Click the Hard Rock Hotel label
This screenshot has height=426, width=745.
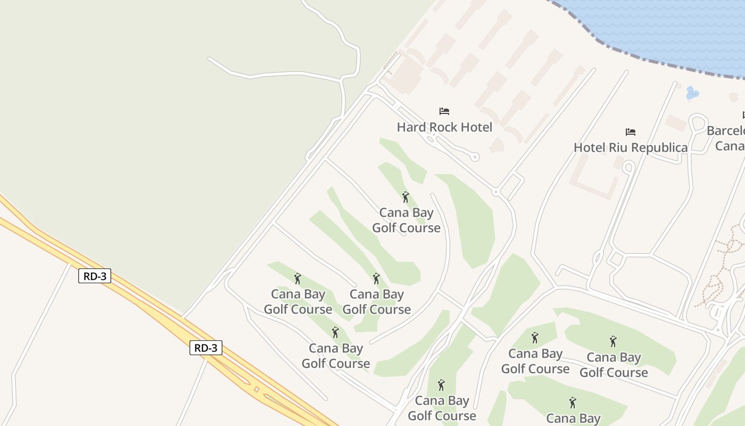click(444, 127)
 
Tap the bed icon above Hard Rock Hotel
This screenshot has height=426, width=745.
click(444, 111)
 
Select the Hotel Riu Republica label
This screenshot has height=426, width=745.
click(631, 148)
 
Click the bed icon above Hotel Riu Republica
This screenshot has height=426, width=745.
click(631, 132)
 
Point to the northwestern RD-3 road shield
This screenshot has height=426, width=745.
click(95, 276)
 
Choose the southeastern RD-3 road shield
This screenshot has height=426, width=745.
click(205, 348)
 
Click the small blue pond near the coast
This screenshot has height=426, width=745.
click(692, 93)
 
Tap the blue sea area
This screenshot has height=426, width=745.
click(665, 27)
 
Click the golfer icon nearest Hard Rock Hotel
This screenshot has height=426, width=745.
click(406, 197)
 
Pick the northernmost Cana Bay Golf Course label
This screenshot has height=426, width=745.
click(406, 220)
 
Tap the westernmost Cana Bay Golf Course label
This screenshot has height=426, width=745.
click(298, 301)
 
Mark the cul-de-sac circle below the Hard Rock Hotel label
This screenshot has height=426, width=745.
click(475, 157)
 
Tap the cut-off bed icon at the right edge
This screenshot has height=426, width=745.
click(743, 115)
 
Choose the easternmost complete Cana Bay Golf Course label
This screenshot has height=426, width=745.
click(614, 365)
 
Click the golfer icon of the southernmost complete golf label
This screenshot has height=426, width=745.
click(441, 384)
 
